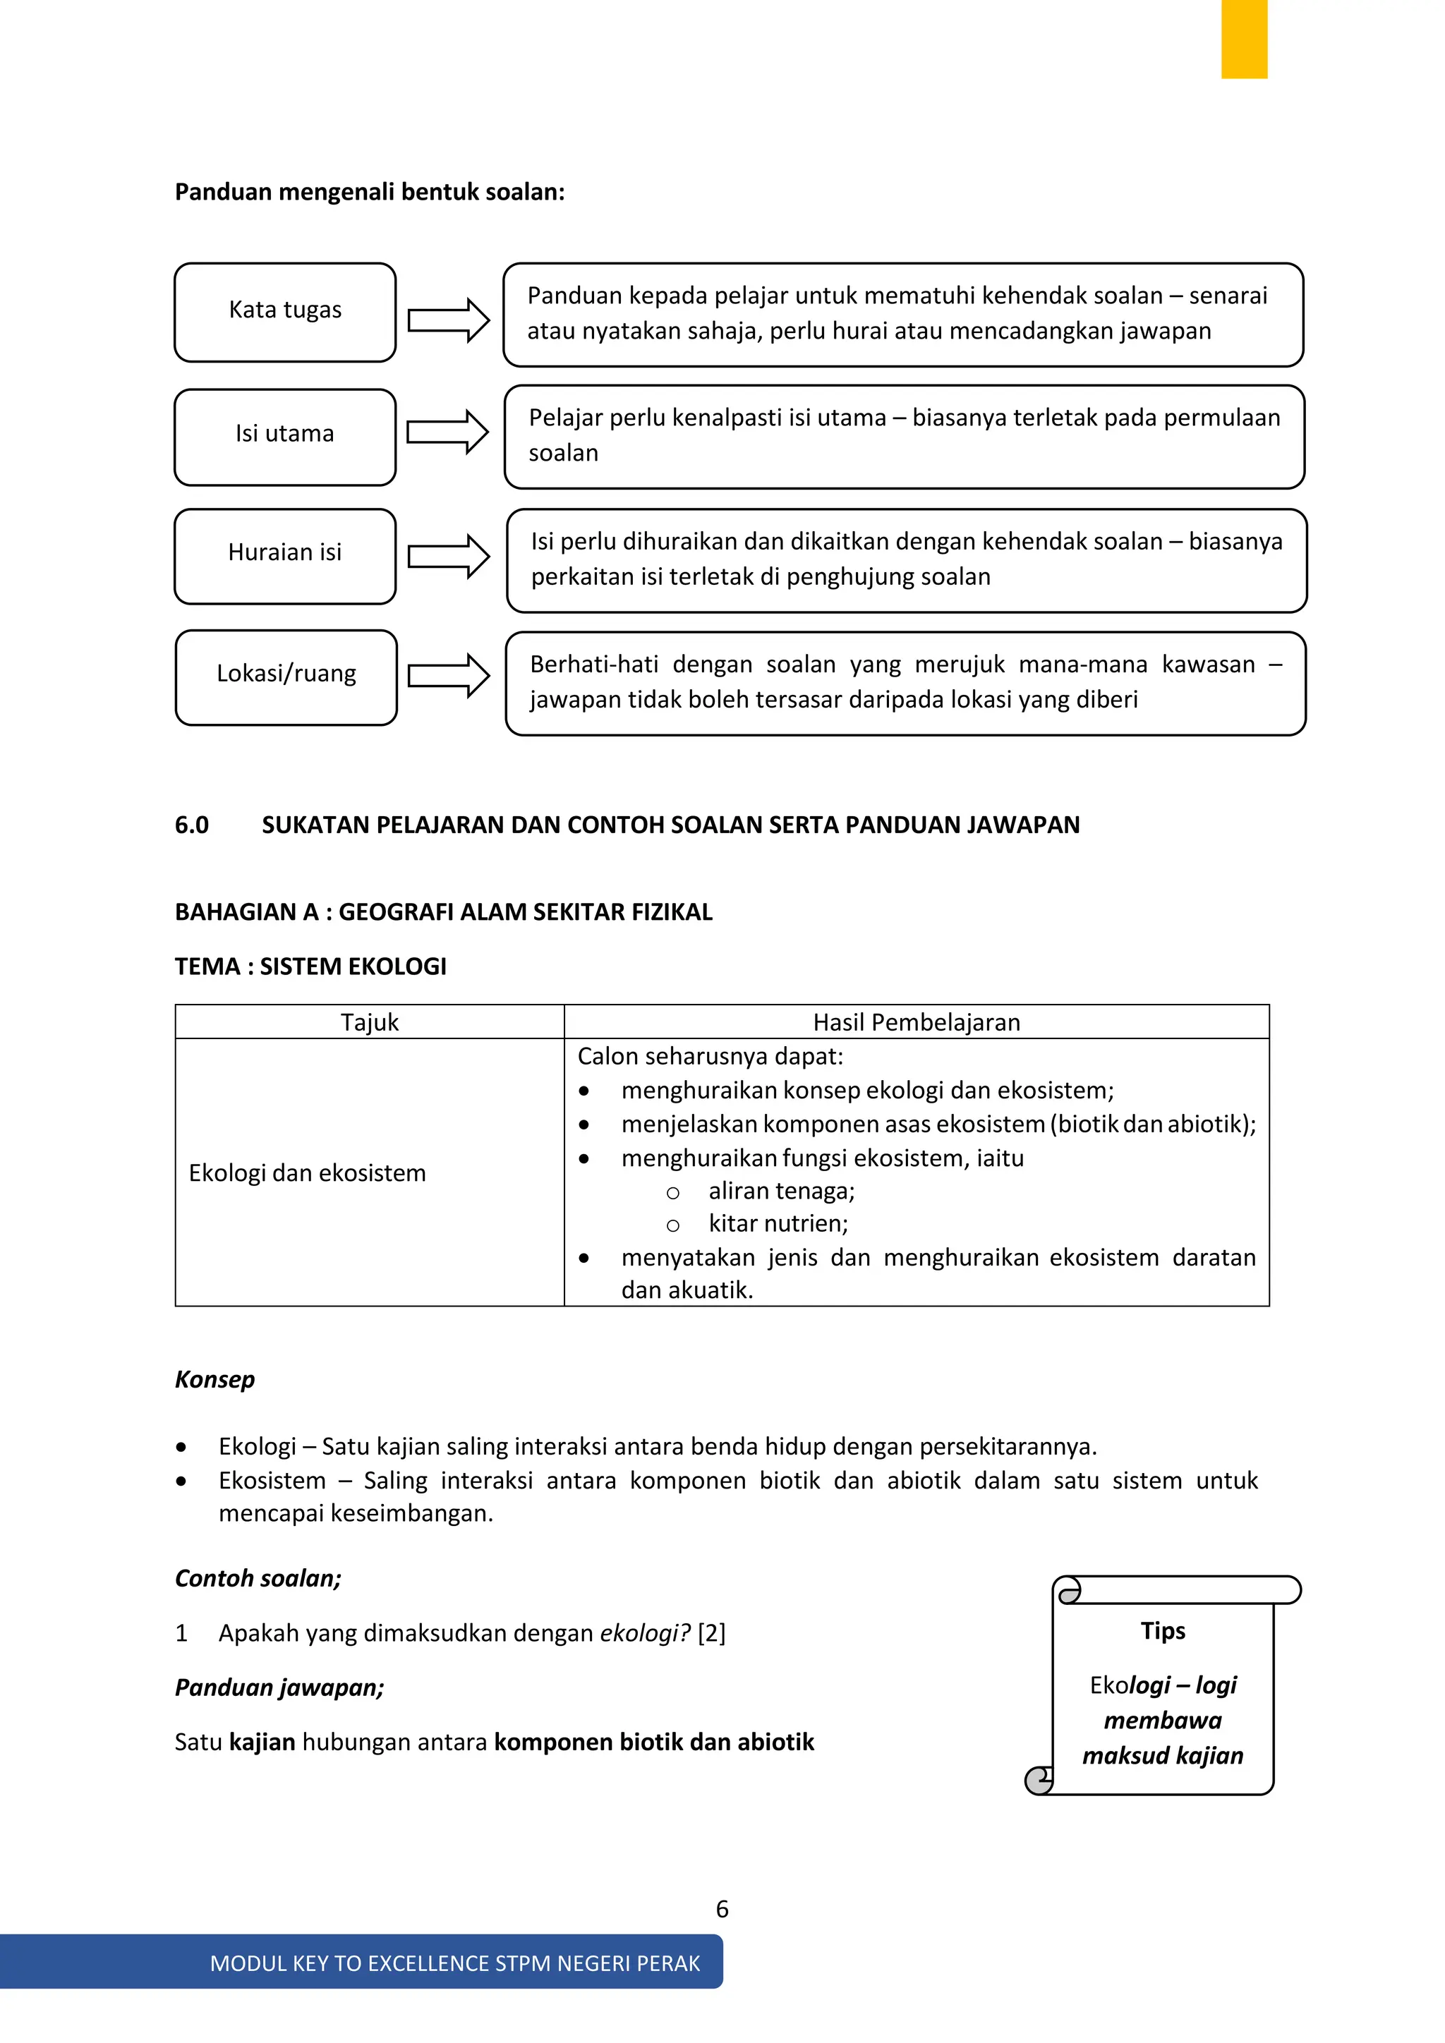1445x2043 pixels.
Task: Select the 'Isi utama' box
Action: pos(285,436)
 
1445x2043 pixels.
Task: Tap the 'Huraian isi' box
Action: pos(285,555)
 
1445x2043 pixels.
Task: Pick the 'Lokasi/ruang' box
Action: pos(286,677)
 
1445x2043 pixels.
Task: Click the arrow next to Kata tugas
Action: pos(449,320)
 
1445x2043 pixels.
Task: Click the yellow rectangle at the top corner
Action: pos(1243,38)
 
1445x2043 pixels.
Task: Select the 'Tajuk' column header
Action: pos(369,1021)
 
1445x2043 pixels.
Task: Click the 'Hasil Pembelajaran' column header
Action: pos(916,1021)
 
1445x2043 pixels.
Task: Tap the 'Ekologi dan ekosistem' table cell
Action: pos(307,1172)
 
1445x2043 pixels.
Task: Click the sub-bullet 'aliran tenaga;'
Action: pos(780,1191)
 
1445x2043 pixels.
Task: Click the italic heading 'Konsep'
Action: pos(214,1379)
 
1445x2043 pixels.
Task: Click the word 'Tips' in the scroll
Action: pos(1162,1630)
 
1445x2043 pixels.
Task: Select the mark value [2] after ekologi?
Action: pos(711,1633)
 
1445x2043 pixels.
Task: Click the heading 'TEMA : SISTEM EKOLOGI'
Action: pos(310,966)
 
